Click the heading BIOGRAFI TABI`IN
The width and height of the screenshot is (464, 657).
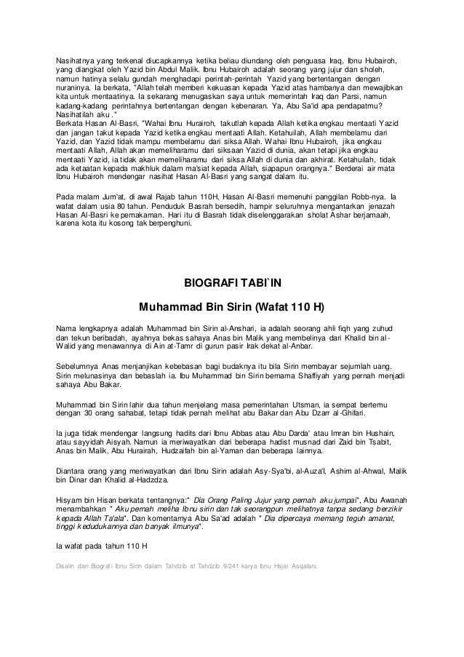click(231, 284)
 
